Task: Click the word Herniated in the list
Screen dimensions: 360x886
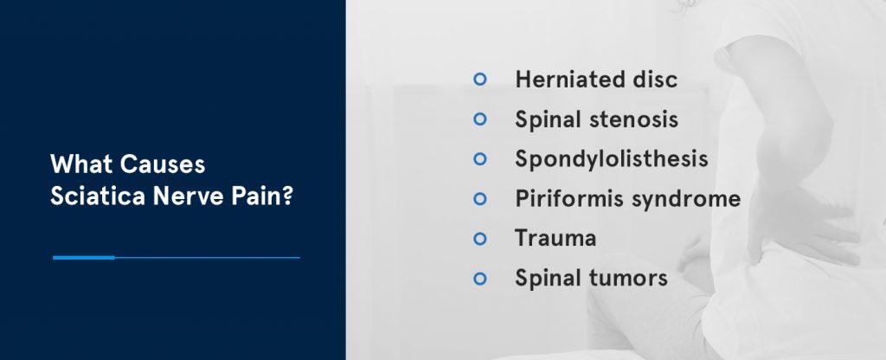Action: pyautogui.click(x=565, y=80)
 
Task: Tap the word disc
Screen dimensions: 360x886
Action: pyautogui.click(x=650, y=80)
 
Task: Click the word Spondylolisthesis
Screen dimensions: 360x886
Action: pyautogui.click(x=612, y=159)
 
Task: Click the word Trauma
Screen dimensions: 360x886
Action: pyautogui.click(x=555, y=238)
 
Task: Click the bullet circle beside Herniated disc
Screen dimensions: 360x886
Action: pyautogui.click(x=481, y=80)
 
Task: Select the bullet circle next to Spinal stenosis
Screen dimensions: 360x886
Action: pyautogui.click(x=481, y=119)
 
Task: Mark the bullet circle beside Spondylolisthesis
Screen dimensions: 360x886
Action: pyautogui.click(x=481, y=159)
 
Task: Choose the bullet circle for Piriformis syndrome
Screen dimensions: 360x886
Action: pyautogui.click(x=481, y=199)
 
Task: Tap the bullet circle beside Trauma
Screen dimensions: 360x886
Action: pyautogui.click(x=481, y=239)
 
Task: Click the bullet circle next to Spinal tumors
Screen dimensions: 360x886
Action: pyautogui.click(x=481, y=279)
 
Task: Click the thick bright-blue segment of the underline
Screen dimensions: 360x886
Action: pyautogui.click(x=83, y=257)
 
